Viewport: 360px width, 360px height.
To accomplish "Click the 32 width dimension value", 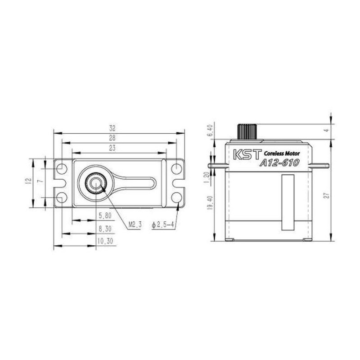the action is pos(112,128).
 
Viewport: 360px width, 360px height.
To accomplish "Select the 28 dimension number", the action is pos(112,138).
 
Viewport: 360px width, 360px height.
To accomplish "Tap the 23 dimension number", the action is pos(112,148).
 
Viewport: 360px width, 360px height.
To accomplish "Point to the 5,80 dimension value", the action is pos(105,216).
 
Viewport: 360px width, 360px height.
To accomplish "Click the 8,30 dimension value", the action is pos(105,229).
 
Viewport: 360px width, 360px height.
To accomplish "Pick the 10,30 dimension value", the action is pos(105,241).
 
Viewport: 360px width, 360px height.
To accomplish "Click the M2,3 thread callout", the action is pos(135,224).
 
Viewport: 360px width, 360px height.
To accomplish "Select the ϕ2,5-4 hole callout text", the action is pos(162,225).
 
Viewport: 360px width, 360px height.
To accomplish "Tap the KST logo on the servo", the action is pos(247,154).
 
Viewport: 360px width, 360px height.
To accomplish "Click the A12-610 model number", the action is pos(279,163).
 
